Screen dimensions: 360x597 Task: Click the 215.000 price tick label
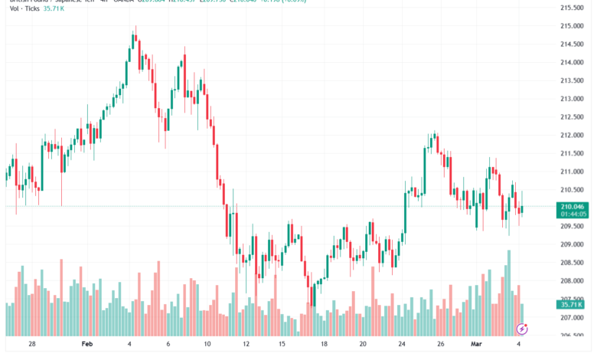pyautogui.click(x=572, y=26)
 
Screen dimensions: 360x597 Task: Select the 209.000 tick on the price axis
pyautogui.click(x=572, y=244)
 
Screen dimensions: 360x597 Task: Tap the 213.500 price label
pyautogui.click(x=572, y=80)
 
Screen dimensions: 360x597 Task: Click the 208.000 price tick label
pyautogui.click(x=572, y=281)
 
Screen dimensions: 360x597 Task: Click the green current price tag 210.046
pyautogui.click(x=573, y=207)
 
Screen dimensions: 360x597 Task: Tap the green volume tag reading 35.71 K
pyautogui.click(x=573, y=304)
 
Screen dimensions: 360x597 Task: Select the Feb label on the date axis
pyautogui.click(x=86, y=345)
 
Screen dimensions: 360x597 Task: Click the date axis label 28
pyautogui.click(x=31, y=345)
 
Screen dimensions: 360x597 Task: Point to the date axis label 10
pyautogui.click(x=207, y=345)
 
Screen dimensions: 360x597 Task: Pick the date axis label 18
pyautogui.click(x=325, y=345)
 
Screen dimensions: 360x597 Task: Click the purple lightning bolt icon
pyautogui.click(x=522, y=329)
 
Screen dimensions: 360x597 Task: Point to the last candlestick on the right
pyautogui.click(x=521, y=209)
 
